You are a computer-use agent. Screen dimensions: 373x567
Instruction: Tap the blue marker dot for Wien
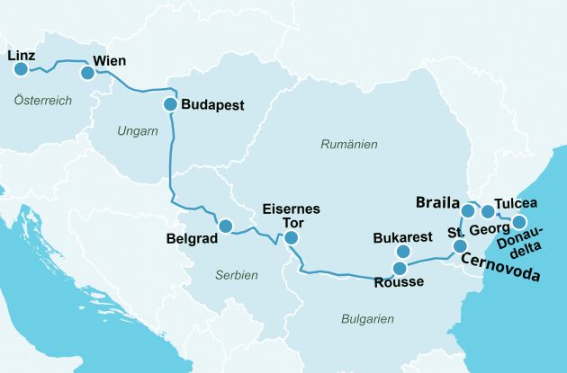(87, 73)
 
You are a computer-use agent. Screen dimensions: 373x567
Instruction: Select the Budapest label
(212, 104)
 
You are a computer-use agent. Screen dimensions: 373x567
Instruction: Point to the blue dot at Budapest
(170, 104)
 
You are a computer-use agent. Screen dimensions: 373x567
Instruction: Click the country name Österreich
(42, 101)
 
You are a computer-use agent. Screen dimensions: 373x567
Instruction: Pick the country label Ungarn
(137, 131)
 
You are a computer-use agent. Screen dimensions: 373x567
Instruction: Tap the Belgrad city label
(193, 240)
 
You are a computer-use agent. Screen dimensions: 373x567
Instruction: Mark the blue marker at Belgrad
(225, 226)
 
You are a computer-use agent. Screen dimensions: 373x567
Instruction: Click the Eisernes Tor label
(290, 215)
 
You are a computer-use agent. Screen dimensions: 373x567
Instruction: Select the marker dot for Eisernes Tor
(291, 238)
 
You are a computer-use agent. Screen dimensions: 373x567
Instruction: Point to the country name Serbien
(237, 275)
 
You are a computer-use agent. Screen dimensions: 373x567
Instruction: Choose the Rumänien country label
(349, 144)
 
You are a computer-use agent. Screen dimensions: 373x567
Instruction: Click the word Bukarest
(402, 238)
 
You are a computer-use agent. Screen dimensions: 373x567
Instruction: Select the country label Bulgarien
(367, 318)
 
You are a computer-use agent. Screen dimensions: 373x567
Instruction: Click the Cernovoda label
(500, 267)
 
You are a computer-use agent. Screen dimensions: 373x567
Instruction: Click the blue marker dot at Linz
(21, 68)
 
